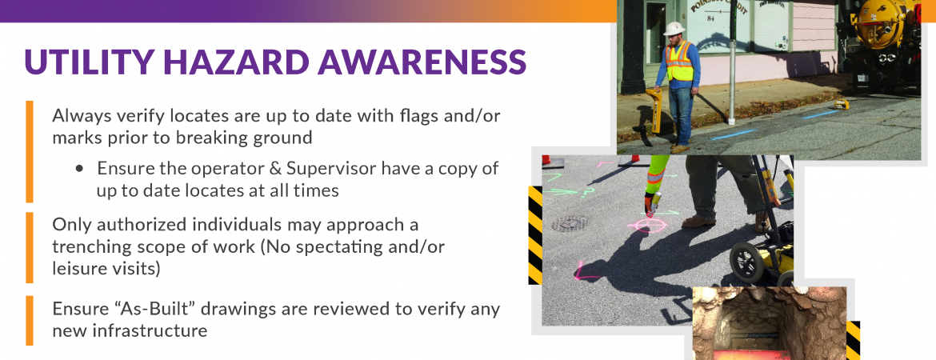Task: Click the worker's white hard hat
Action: [674, 29]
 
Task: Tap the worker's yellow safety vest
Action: [679, 62]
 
